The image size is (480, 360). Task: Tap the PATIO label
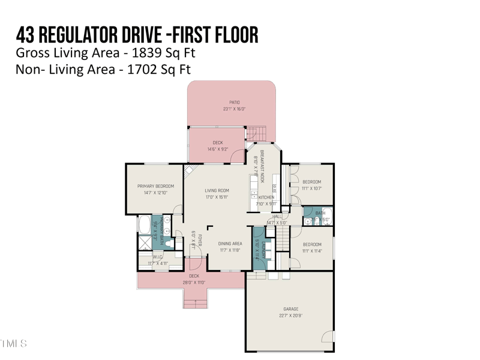(x=235, y=103)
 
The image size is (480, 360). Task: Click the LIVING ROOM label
(x=217, y=191)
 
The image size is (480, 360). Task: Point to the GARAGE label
(x=290, y=309)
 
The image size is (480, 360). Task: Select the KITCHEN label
(x=266, y=197)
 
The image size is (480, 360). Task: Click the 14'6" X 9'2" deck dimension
(x=218, y=149)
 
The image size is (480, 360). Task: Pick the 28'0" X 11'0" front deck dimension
(x=194, y=283)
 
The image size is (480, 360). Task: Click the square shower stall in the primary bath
(x=145, y=242)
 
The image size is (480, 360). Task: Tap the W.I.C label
(x=158, y=257)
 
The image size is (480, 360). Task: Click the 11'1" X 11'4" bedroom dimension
(x=312, y=251)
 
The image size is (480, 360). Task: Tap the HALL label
(x=277, y=217)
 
